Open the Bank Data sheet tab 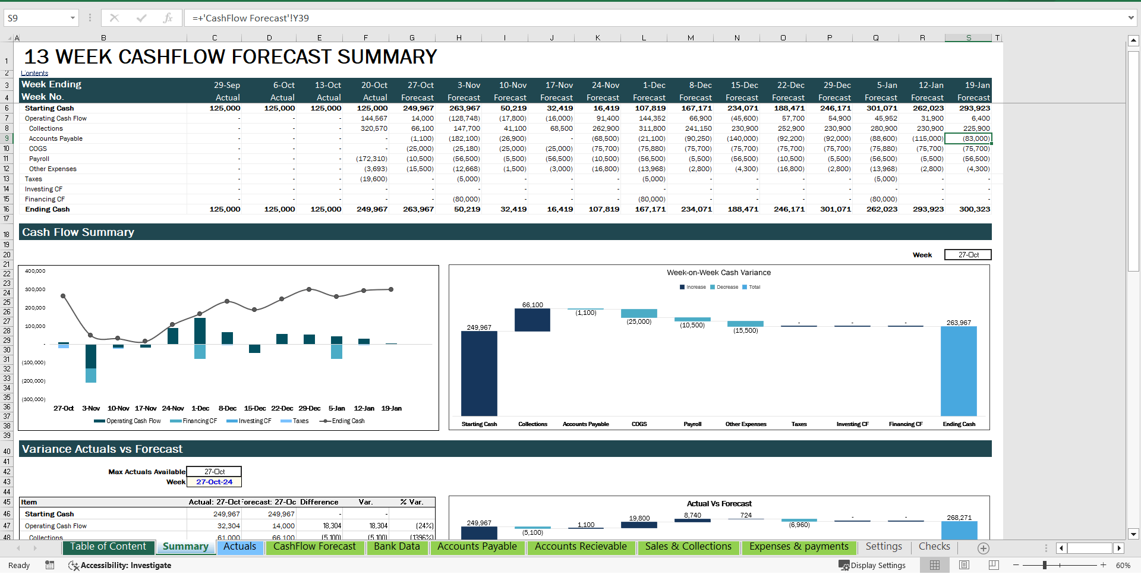pos(396,547)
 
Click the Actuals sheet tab pos(239,547)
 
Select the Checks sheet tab pos(934,547)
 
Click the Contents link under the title pos(34,73)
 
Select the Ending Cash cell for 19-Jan pos(974,209)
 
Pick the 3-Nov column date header pos(468,85)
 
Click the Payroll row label pos(39,159)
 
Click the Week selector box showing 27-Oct pos(967,255)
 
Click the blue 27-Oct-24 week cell pos(214,482)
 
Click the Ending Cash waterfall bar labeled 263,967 pos(959,371)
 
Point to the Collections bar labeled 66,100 pos(532,320)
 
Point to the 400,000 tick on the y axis pos(35,271)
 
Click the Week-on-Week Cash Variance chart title pos(718,273)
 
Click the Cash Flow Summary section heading pos(78,232)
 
